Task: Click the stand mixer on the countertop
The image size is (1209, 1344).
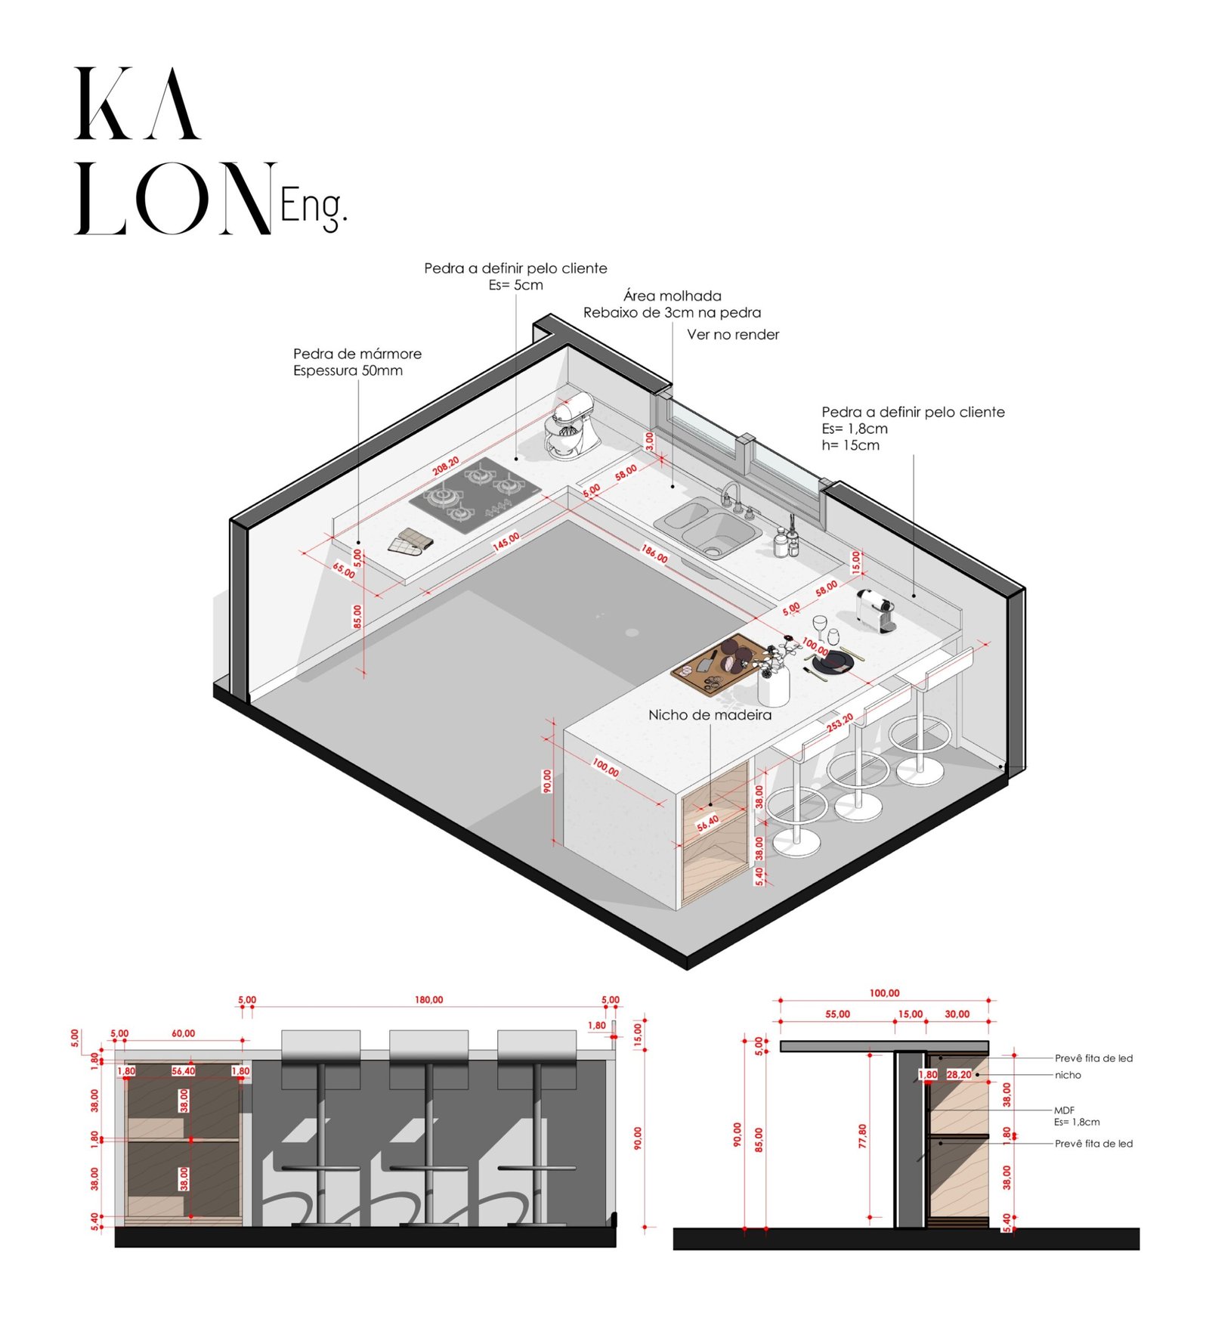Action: [572, 428]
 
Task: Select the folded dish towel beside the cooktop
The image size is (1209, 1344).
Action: [410, 542]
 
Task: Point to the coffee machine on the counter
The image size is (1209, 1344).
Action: [877, 609]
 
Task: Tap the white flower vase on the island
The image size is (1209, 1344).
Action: [774, 683]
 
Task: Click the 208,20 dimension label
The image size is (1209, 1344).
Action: [445, 466]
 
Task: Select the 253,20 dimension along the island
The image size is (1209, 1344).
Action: [839, 723]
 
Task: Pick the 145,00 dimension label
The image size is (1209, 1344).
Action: [506, 541]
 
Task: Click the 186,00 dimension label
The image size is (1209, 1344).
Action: [654, 553]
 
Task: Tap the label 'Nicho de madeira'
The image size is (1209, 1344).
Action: [710, 715]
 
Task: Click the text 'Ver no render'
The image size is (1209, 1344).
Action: [732, 335]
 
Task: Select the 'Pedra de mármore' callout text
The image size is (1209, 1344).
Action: [357, 354]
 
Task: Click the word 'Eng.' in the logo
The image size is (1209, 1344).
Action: [314, 206]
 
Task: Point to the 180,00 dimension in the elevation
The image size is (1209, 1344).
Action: [428, 1000]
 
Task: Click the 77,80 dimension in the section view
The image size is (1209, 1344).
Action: [862, 1136]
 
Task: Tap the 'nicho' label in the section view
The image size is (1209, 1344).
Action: [1067, 1075]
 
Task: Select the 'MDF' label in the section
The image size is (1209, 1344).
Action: [1064, 1110]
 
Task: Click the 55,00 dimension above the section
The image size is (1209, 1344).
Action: [837, 1014]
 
